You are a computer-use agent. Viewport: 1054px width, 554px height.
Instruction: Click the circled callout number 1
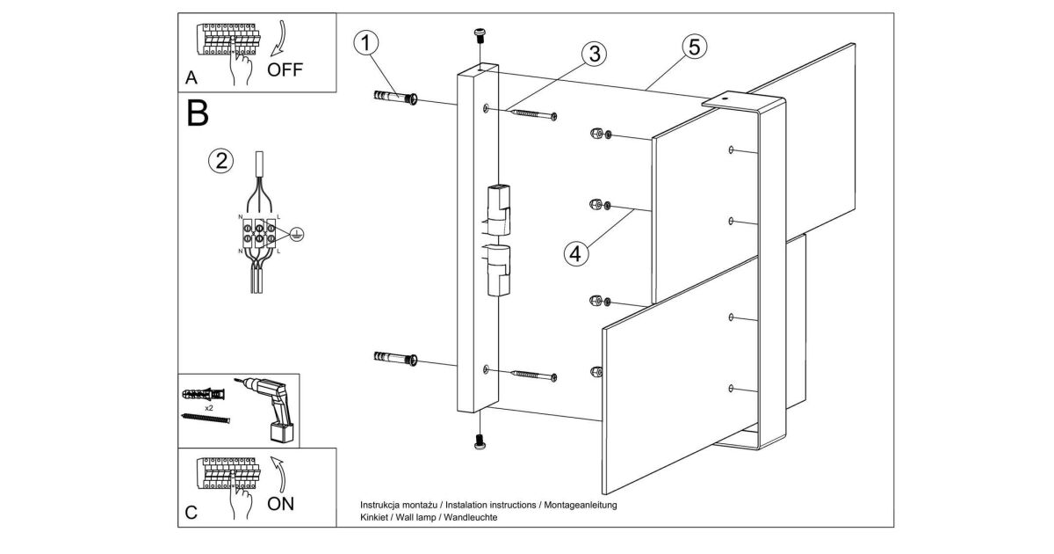(366, 43)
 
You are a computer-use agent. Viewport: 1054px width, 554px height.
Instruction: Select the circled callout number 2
(221, 161)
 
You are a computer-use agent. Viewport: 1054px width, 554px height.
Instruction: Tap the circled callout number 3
(595, 54)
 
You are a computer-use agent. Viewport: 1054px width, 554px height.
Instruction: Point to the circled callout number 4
(576, 253)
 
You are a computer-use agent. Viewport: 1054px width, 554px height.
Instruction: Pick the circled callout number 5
(695, 47)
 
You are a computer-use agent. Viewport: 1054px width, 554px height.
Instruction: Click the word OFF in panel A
(285, 69)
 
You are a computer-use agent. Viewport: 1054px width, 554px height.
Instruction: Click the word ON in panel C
(280, 504)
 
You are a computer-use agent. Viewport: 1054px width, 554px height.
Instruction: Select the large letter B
(198, 113)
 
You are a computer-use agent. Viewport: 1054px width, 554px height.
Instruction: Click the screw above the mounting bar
(480, 35)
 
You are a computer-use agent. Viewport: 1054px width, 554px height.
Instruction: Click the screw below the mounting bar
(480, 441)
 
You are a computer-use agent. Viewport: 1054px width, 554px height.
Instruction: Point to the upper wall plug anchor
(395, 97)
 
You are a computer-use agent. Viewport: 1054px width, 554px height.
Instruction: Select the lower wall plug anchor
(395, 358)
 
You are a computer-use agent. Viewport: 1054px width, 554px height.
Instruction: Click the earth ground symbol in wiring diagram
(297, 234)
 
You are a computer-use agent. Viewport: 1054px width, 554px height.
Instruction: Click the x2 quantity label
(209, 408)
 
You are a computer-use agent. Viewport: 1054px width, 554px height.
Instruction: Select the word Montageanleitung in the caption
(581, 505)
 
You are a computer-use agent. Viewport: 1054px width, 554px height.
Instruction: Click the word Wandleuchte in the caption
(471, 517)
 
